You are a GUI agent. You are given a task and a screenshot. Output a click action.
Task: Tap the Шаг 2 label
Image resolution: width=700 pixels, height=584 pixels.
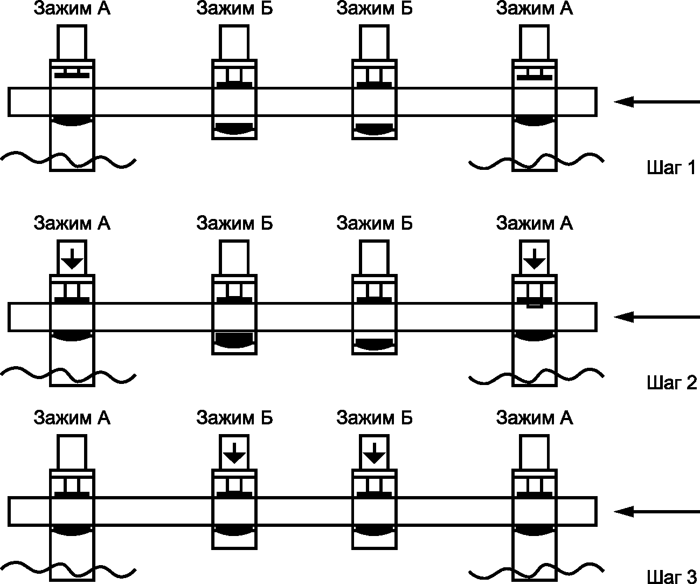(671, 382)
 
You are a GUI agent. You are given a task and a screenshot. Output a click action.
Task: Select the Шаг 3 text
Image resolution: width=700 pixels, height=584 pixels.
(671, 576)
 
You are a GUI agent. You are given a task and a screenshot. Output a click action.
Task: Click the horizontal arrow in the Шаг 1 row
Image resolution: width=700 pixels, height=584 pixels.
(657, 101)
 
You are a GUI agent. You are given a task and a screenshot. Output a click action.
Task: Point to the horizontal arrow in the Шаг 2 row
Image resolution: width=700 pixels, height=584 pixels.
(657, 317)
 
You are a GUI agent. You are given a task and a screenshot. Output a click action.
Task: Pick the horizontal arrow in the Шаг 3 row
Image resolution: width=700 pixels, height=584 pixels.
(657, 512)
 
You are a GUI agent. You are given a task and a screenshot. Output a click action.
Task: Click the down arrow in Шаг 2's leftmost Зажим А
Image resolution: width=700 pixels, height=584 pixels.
(72, 259)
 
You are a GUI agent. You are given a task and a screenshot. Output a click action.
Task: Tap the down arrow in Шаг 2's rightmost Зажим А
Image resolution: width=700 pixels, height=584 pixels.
(535, 259)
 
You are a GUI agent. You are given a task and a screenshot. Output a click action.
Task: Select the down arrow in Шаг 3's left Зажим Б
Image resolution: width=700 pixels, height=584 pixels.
(234, 454)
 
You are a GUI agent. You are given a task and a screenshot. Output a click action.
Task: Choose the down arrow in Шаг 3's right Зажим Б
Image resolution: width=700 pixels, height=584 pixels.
(375, 454)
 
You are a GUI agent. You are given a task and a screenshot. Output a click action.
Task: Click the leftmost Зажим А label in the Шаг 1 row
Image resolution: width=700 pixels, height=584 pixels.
(72, 9)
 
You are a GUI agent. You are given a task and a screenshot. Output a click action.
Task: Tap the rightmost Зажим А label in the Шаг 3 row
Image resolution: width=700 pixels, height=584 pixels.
(535, 418)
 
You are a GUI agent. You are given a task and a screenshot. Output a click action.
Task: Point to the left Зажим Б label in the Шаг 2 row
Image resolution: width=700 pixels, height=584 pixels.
(234, 223)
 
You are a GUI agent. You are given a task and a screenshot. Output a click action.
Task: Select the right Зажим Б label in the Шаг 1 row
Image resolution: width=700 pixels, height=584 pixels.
(375, 9)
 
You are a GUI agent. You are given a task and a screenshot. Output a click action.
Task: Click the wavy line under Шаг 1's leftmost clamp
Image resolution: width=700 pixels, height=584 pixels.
(68, 160)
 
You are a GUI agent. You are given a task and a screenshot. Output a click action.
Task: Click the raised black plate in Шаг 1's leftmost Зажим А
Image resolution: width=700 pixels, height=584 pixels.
(72, 75)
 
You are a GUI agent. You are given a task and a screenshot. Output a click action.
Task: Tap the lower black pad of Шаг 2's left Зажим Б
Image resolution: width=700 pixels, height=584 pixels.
(234, 339)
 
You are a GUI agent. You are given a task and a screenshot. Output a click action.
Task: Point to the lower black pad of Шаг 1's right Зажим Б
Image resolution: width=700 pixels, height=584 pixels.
(375, 129)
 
